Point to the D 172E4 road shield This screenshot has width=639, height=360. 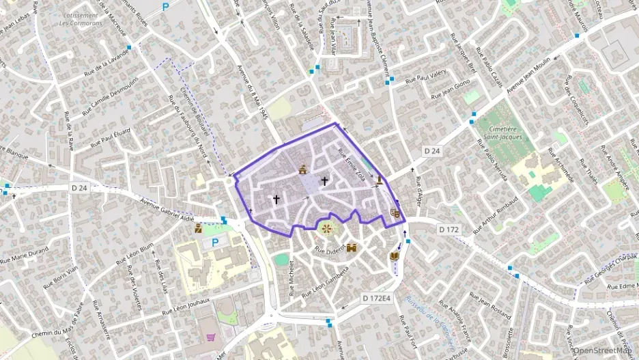(376, 298)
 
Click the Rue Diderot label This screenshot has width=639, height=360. (330, 251)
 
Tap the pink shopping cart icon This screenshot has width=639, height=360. (210, 337)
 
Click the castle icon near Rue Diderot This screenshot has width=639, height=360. (352, 249)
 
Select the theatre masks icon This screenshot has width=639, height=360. (395, 213)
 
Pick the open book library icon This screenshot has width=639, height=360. (393, 256)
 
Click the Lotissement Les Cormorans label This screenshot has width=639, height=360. (81, 19)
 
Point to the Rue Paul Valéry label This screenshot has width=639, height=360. (426, 79)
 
